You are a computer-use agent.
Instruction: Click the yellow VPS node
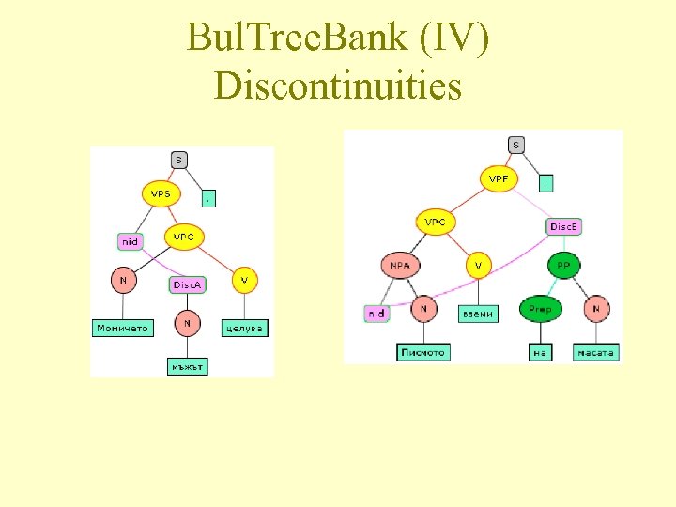point(161,193)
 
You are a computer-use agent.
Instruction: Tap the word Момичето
point(123,329)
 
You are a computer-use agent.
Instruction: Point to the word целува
point(244,328)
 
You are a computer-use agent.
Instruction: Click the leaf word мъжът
point(188,366)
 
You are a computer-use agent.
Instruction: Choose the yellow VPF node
point(499,178)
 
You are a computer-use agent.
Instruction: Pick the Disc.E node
point(564,226)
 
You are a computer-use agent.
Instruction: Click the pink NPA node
point(401,266)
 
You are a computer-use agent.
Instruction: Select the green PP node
point(563,266)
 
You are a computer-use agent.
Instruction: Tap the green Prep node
point(540,308)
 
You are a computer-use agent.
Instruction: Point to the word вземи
point(478,314)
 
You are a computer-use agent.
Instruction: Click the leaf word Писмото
point(422,352)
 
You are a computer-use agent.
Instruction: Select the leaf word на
point(539,353)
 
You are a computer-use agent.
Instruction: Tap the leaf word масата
point(596,353)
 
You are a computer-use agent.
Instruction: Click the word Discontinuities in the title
point(338,85)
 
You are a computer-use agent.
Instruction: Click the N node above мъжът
point(188,324)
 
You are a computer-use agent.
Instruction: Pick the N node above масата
point(596,308)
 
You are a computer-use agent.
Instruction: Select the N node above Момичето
point(122,279)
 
